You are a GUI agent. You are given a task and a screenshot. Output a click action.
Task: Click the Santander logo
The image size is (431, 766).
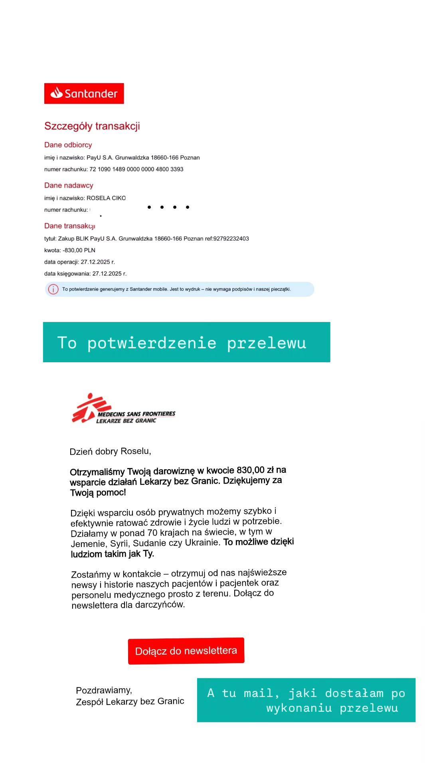[84, 93]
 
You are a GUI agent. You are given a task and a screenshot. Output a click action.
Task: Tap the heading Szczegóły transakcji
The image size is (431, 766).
[92, 126]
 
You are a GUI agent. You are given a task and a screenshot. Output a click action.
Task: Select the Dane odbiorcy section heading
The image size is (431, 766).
[68, 145]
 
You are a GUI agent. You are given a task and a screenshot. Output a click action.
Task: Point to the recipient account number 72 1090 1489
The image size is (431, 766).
[136, 169]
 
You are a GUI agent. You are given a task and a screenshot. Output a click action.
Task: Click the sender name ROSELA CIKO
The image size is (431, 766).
[106, 198]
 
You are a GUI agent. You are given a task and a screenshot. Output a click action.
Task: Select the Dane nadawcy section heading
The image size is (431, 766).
[69, 185]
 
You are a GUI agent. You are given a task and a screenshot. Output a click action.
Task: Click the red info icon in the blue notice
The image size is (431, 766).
[53, 289]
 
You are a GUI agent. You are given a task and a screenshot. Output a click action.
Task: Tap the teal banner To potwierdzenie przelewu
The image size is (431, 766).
[186, 342]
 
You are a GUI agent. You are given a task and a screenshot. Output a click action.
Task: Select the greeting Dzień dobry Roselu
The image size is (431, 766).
[110, 451]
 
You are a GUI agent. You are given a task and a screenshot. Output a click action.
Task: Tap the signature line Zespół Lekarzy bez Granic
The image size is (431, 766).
[130, 701]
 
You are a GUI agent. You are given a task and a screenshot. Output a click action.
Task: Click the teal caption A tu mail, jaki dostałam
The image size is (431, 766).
[306, 700]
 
